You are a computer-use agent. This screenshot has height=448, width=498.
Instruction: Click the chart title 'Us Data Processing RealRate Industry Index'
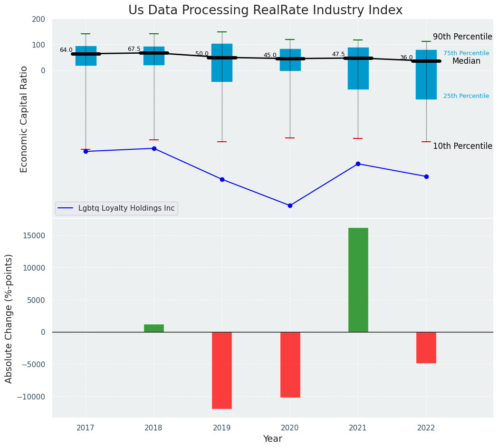pyautogui.click(x=265, y=10)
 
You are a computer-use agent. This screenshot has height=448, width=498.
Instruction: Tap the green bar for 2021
pyautogui.click(x=358, y=280)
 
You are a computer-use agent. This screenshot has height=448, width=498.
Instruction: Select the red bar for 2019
pyautogui.click(x=222, y=370)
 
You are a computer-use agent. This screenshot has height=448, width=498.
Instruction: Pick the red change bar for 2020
pyautogui.click(x=290, y=364)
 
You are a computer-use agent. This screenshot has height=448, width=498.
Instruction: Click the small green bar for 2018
pyautogui.click(x=154, y=328)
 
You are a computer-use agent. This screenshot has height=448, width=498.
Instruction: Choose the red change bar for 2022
pyautogui.click(x=426, y=347)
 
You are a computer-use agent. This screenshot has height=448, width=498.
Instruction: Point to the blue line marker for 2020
pyautogui.click(x=290, y=205)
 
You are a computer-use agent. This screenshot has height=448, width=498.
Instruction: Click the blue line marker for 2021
pyautogui.click(x=358, y=164)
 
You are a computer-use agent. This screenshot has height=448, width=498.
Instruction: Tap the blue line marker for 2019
pyautogui.click(x=222, y=179)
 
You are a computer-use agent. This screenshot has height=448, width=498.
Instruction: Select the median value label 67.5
pyautogui.click(x=134, y=49)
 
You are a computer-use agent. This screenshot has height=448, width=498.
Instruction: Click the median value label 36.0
pyautogui.click(x=406, y=58)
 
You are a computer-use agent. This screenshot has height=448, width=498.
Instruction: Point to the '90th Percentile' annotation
pyautogui.click(x=462, y=37)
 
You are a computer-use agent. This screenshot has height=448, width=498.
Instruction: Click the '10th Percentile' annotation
pyautogui.click(x=462, y=146)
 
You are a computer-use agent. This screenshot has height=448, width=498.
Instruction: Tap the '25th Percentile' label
pyautogui.click(x=466, y=96)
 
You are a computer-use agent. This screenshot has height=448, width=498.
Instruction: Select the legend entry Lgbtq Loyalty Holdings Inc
pyautogui.click(x=126, y=208)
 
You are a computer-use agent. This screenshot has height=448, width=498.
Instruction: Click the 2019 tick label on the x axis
pyautogui.click(x=222, y=428)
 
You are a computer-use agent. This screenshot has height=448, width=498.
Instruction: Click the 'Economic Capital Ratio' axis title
pyautogui.click(x=24, y=119)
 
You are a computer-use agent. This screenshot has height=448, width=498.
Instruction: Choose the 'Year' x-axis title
pyautogui.click(x=273, y=439)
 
